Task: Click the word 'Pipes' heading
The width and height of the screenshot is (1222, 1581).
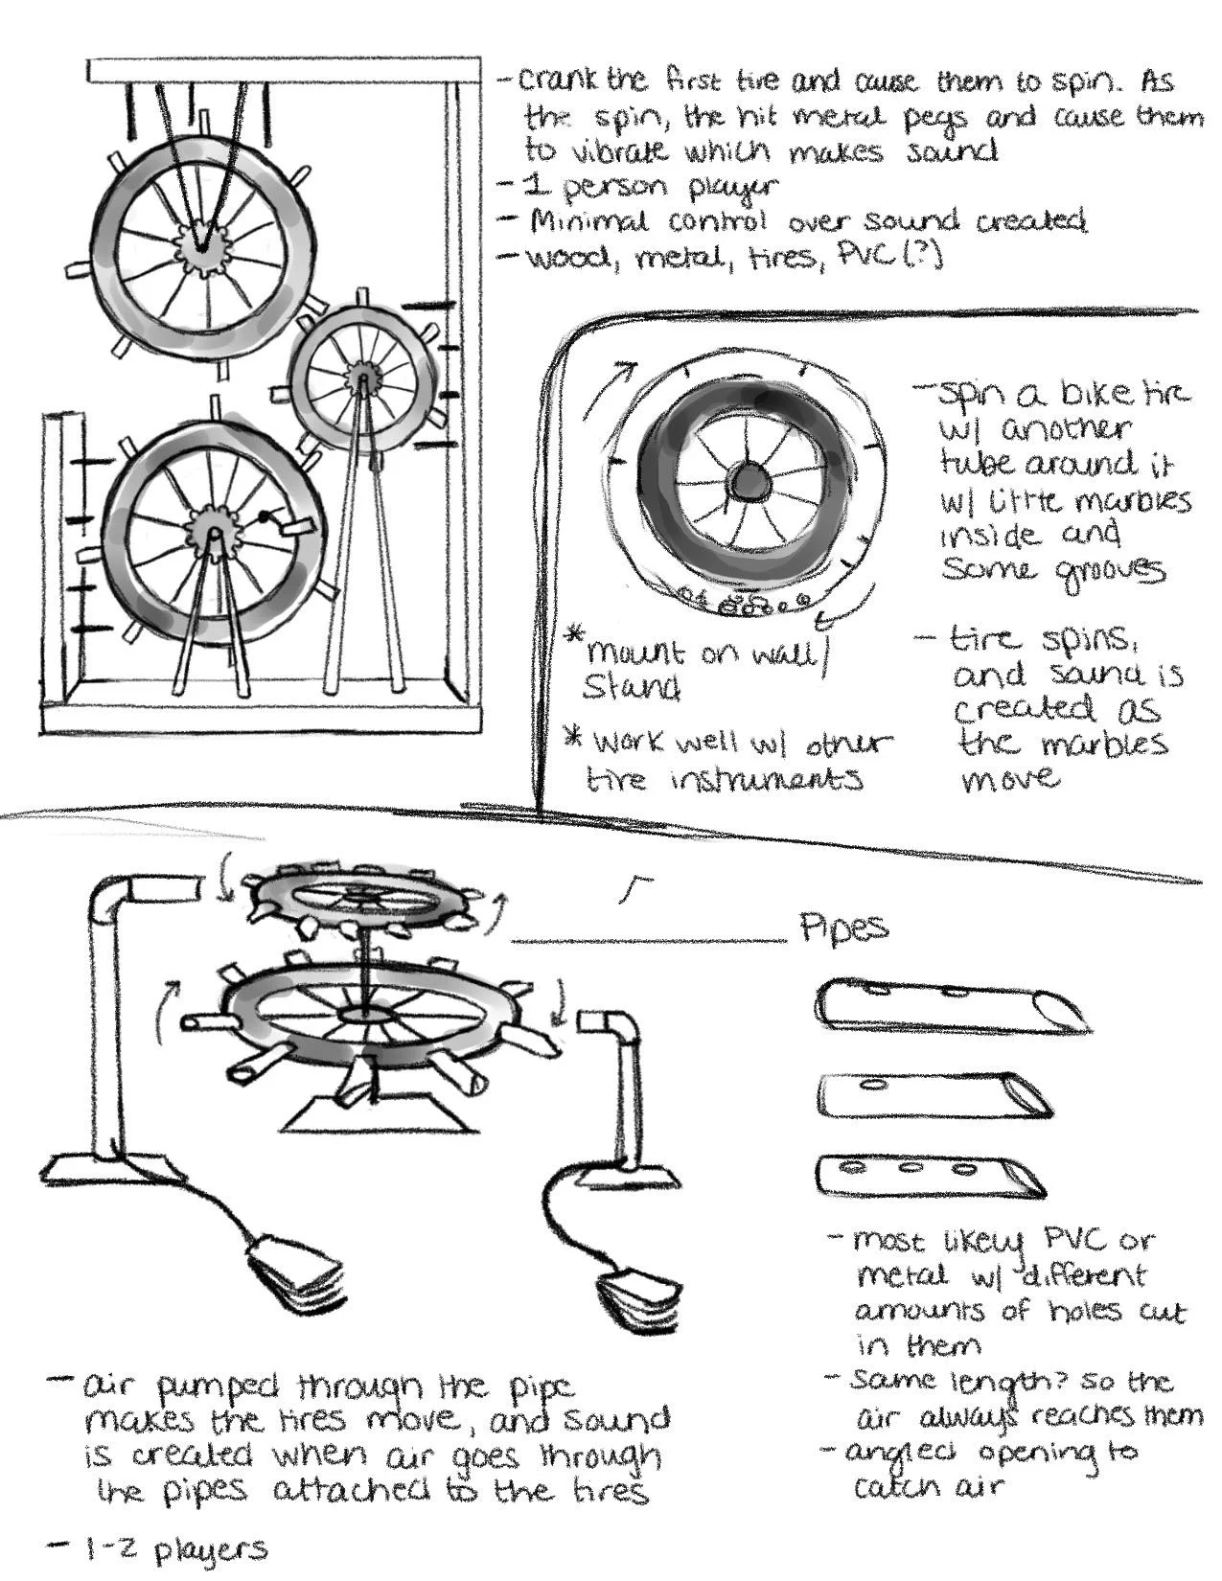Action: click(843, 928)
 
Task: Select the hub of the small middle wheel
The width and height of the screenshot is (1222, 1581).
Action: click(362, 375)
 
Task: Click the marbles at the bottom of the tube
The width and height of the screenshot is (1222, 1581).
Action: click(748, 605)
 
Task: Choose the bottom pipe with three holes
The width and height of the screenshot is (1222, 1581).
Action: click(930, 1175)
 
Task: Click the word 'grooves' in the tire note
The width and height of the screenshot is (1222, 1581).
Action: click(1112, 571)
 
